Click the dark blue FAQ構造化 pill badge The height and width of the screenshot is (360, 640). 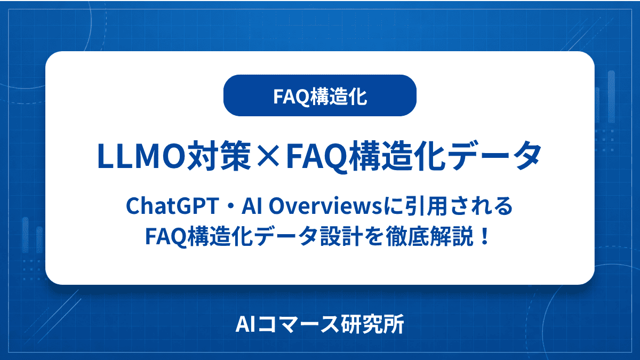click(x=319, y=95)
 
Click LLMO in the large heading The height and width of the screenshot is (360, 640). click(x=142, y=156)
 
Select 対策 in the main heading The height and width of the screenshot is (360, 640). click(x=219, y=156)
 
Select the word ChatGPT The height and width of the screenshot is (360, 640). click(x=172, y=206)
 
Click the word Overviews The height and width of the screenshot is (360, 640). click(x=325, y=206)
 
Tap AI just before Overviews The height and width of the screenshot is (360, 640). click(x=252, y=206)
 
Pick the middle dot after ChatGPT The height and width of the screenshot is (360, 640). click(x=230, y=206)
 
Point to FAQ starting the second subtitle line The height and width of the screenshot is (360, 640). click(x=166, y=237)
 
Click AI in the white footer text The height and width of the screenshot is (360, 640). click(x=245, y=324)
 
